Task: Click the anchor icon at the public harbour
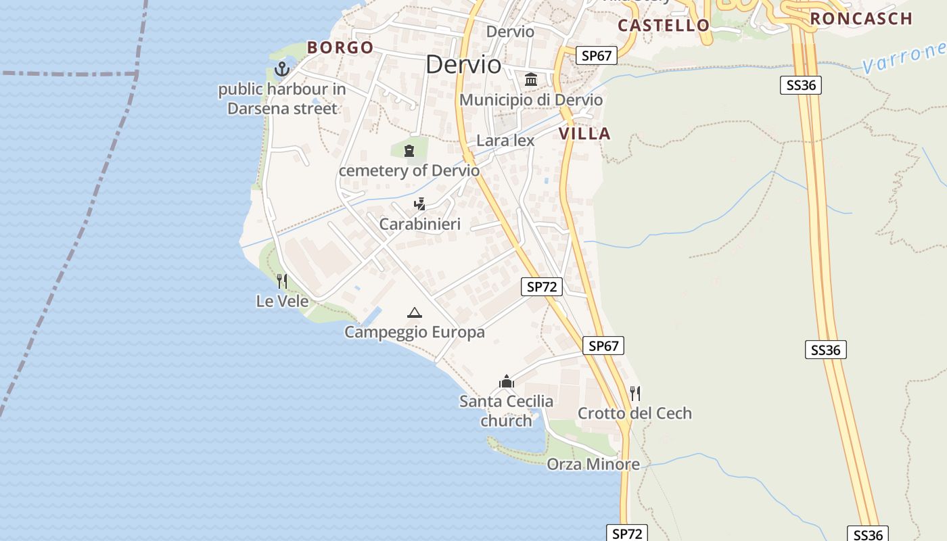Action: pyautogui.click(x=281, y=68)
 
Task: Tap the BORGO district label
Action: pyautogui.click(x=340, y=47)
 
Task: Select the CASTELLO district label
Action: pyautogui.click(x=664, y=26)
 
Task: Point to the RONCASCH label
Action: pyautogui.click(x=861, y=19)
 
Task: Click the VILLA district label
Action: pyautogui.click(x=584, y=133)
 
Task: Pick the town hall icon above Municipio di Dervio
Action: pyautogui.click(x=531, y=80)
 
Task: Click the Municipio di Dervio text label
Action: pyautogui.click(x=531, y=100)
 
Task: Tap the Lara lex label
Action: pyautogui.click(x=505, y=141)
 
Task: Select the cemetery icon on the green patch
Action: pyautogui.click(x=409, y=150)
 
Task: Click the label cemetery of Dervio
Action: pyautogui.click(x=409, y=170)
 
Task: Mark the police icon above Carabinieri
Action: pyautogui.click(x=420, y=204)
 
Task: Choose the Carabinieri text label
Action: pyautogui.click(x=419, y=224)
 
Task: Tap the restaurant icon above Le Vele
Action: pyautogui.click(x=282, y=281)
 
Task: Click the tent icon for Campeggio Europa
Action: pyautogui.click(x=414, y=312)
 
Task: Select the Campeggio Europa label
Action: pyautogui.click(x=414, y=332)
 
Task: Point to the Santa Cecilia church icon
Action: pyautogui.click(x=506, y=382)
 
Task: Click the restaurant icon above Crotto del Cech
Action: pyautogui.click(x=634, y=393)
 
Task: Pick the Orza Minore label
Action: pyautogui.click(x=593, y=464)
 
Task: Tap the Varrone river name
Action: pyautogui.click(x=904, y=57)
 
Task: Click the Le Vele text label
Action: pyautogui.click(x=282, y=301)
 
